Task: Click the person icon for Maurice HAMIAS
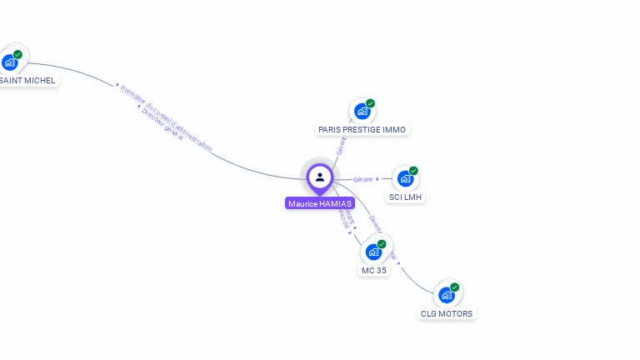(x=320, y=177)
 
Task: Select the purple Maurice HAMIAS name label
(x=320, y=203)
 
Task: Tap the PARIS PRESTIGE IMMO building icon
(x=362, y=111)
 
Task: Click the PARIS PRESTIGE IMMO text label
(x=362, y=130)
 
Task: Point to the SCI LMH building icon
(x=405, y=178)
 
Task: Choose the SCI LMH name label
(x=406, y=197)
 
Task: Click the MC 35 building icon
(x=373, y=252)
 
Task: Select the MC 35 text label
(x=374, y=271)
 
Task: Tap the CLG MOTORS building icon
(x=447, y=295)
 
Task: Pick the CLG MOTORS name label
(x=447, y=314)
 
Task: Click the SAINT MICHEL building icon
(x=10, y=62)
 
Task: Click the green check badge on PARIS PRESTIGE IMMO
(x=371, y=103)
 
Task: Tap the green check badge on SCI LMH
(x=414, y=171)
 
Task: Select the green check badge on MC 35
(x=382, y=244)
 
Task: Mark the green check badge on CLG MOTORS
(x=455, y=287)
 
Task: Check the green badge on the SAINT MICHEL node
(x=17, y=54)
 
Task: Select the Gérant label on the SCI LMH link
(x=362, y=179)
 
